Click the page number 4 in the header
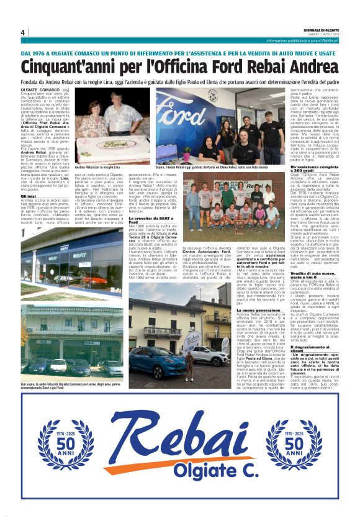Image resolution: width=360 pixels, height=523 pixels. tap(22, 32)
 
